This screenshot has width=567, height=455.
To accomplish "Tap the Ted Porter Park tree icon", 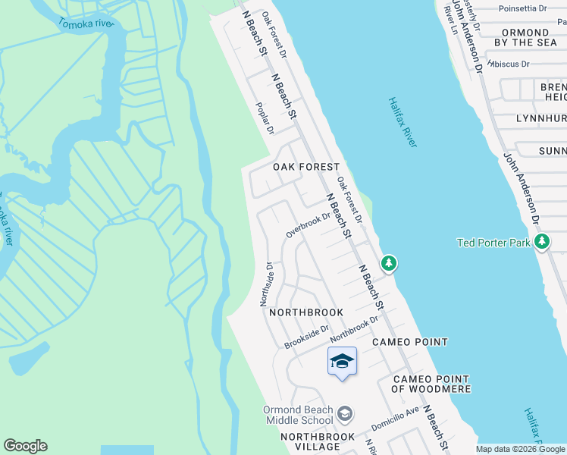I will click(x=542, y=242).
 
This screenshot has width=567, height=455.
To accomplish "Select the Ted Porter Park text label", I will click(x=494, y=243).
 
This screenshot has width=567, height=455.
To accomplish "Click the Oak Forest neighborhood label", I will click(x=305, y=167).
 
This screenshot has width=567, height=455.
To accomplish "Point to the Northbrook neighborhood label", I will click(x=306, y=312).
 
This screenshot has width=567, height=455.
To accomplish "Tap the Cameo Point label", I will click(x=410, y=342).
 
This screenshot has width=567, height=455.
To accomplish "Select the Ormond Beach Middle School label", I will click(x=298, y=415).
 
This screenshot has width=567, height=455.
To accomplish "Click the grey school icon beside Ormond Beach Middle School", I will click(x=345, y=413).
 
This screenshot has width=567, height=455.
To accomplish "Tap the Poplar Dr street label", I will click(x=265, y=119).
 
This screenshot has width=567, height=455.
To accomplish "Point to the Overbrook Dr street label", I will click(x=309, y=224).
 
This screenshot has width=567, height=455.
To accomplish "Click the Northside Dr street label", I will click(x=266, y=284).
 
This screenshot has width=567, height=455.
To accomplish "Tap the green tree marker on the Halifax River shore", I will click(x=389, y=263).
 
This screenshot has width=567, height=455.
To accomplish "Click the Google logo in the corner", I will click(x=25, y=446).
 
